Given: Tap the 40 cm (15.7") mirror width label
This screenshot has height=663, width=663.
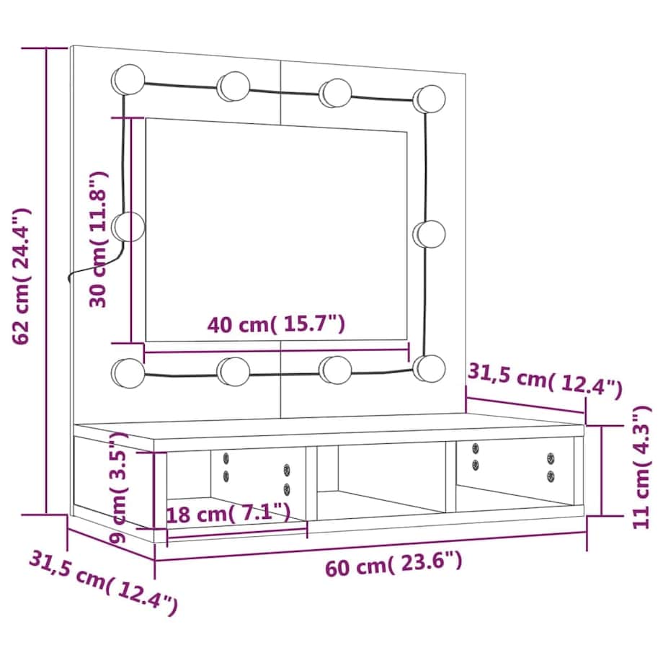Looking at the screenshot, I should (x=276, y=325).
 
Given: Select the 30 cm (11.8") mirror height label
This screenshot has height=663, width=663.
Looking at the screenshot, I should (x=98, y=239).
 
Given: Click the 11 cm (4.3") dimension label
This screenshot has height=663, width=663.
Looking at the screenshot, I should (x=640, y=467).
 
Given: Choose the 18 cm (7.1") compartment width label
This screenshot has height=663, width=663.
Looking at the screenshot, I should (x=228, y=513).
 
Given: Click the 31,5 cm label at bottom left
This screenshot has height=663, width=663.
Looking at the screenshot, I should (x=103, y=582).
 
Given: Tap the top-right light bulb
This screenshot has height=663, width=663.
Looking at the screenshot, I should (x=430, y=99).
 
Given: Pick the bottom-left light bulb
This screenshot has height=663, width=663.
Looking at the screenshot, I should (x=128, y=371).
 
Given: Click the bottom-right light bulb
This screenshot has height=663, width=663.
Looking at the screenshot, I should (x=430, y=368).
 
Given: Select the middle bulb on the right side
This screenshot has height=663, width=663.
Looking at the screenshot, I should (x=430, y=234).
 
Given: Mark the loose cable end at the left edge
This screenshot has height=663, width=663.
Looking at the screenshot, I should (x=71, y=278).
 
